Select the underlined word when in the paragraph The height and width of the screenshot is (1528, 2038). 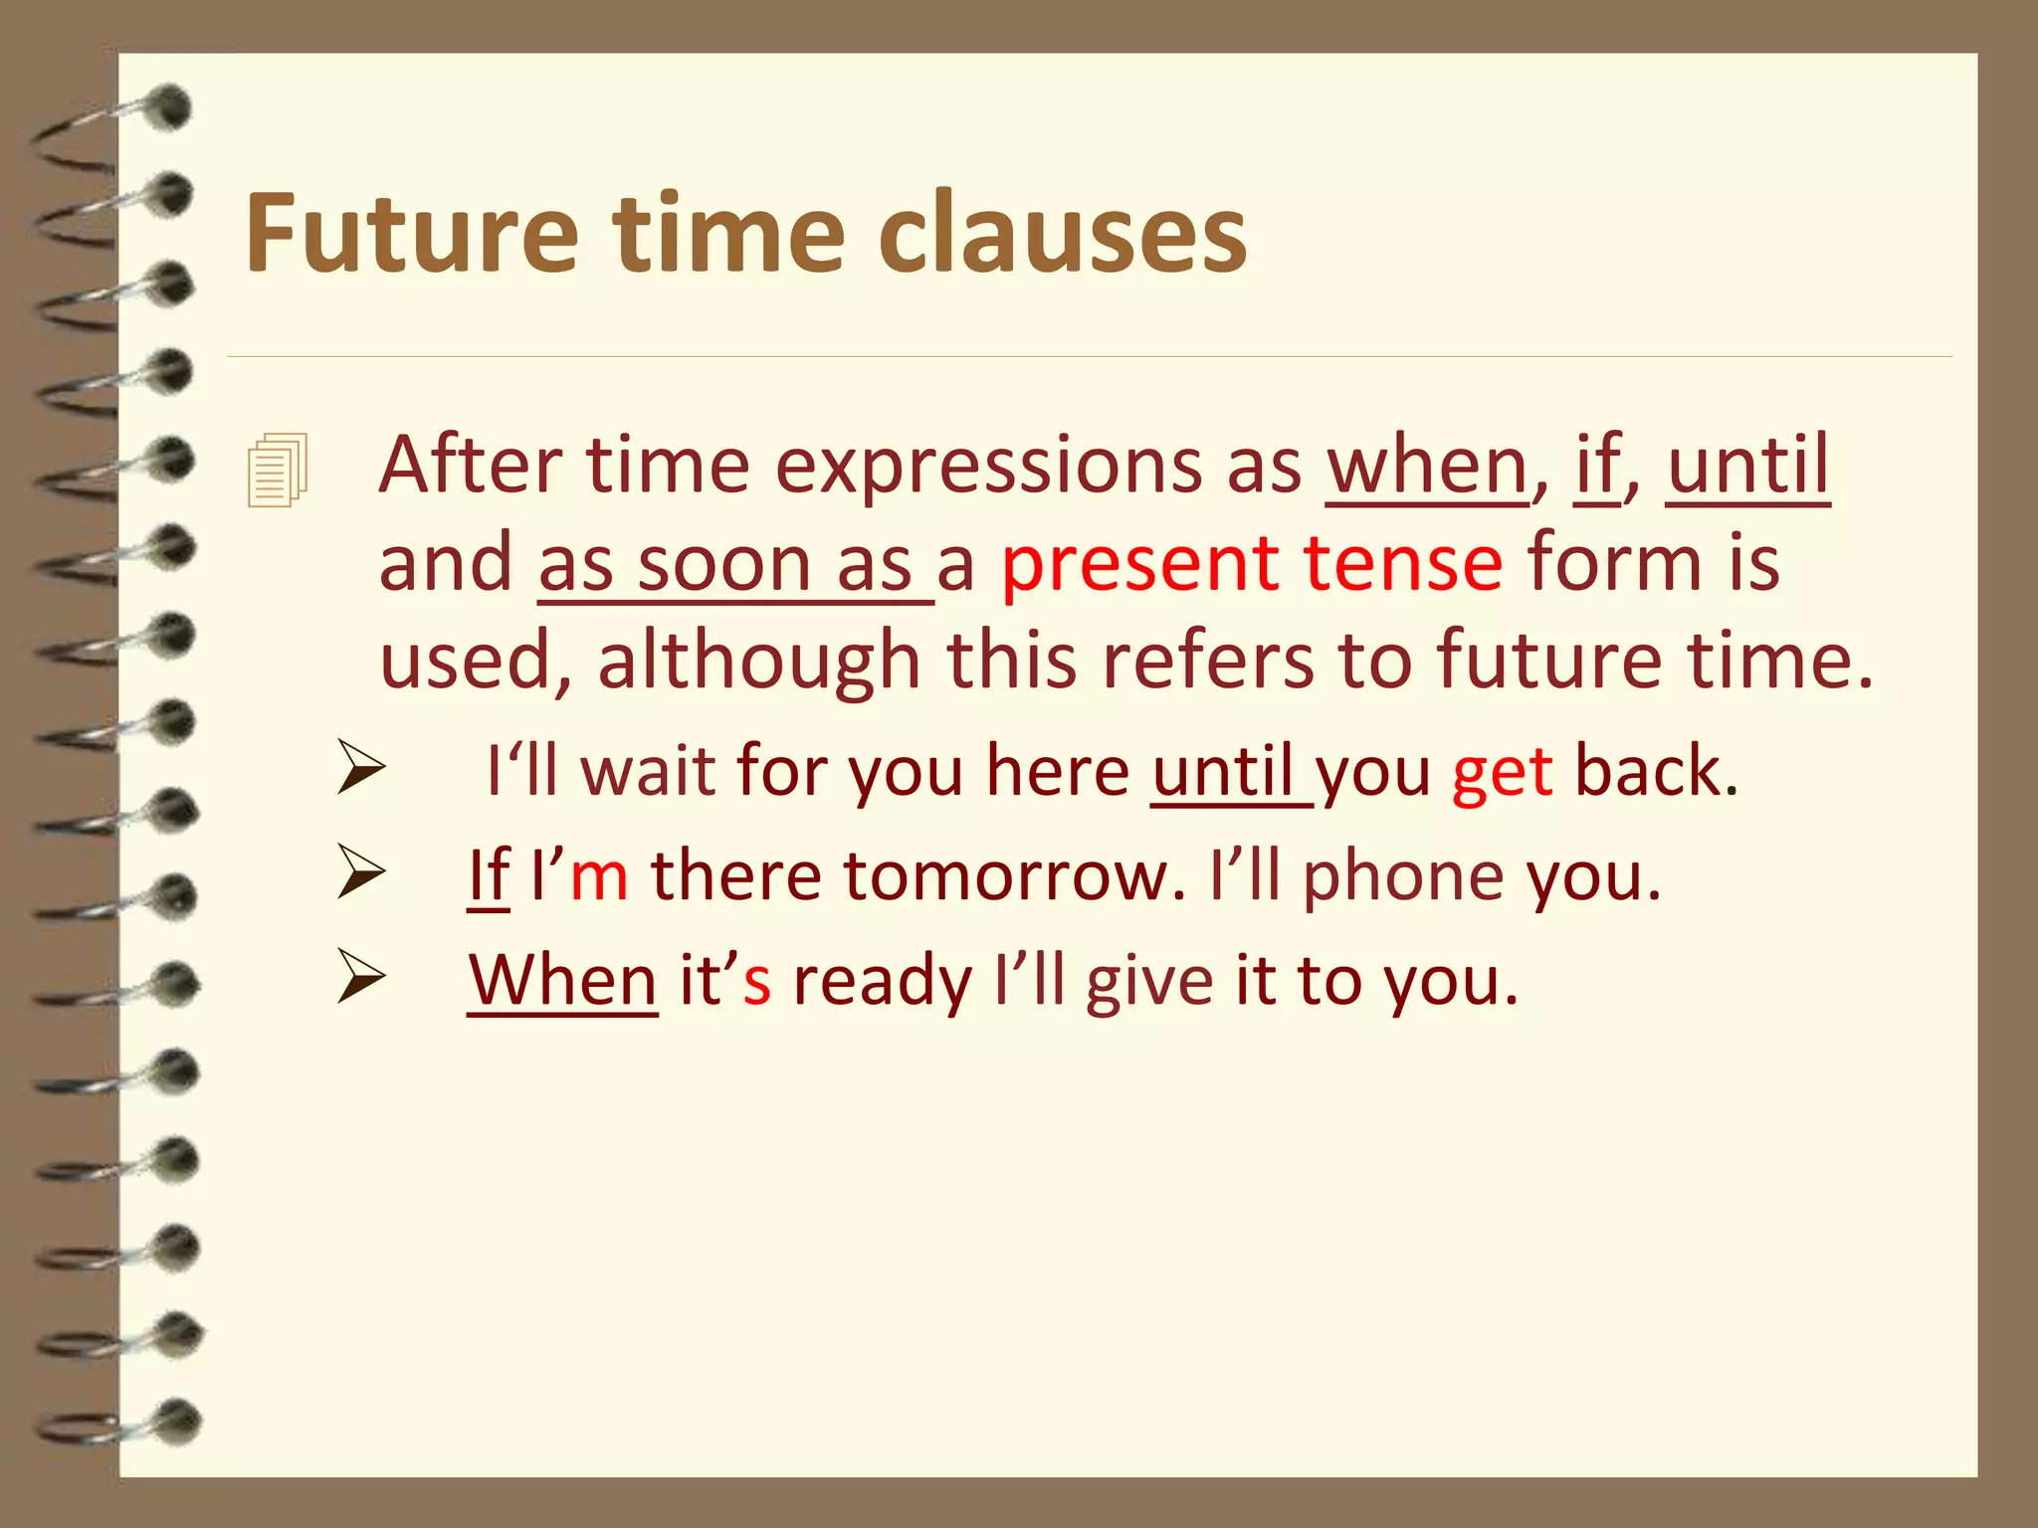coord(1426,466)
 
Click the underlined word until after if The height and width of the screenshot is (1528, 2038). coord(1747,466)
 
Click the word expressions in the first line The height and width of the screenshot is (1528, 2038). coord(988,466)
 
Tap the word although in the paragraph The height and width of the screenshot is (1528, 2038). coord(758,661)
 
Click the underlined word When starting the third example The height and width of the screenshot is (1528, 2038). coord(562,980)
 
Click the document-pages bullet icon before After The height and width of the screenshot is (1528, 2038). coord(278,470)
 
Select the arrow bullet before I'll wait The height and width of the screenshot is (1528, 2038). coord(360,767)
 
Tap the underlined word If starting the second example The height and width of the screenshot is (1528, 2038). coord(489,876)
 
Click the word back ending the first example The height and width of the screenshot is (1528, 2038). coord(1656,771)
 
